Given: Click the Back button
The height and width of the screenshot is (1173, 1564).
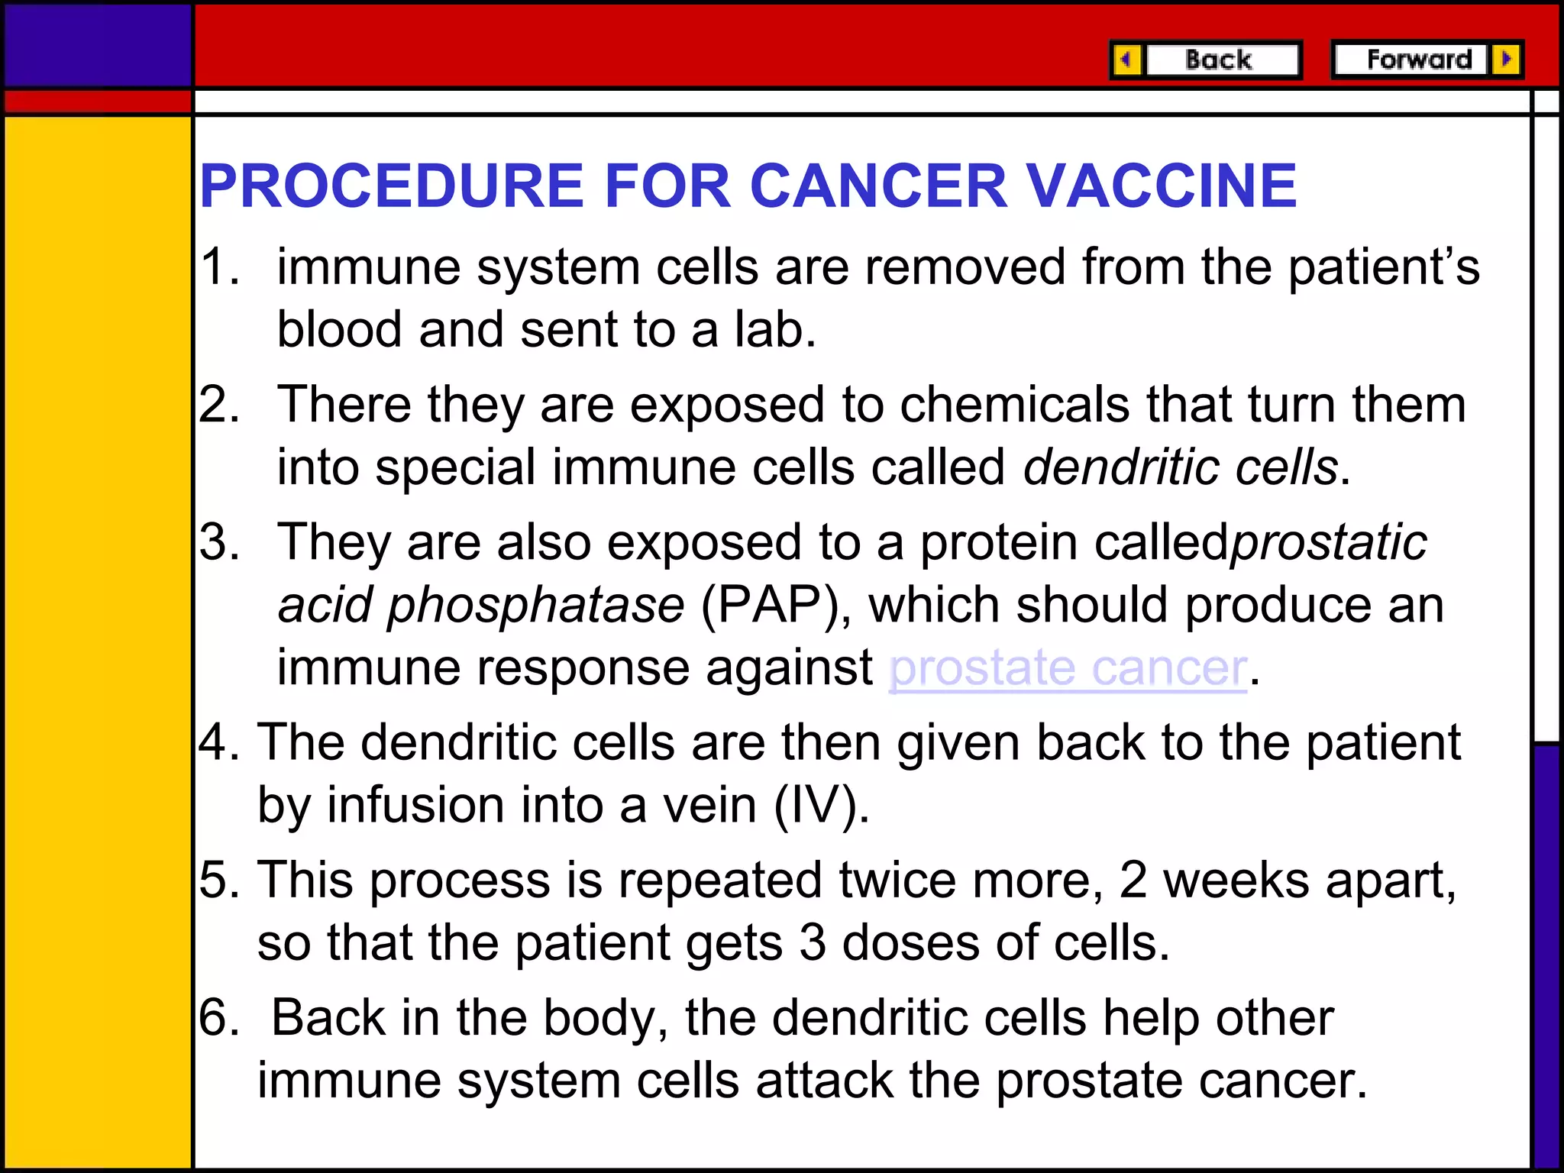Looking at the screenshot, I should point(1219,60).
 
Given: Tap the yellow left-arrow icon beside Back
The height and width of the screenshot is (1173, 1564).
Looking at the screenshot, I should point(1126,60).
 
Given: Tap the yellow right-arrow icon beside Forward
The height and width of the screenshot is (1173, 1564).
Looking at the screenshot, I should point(1506,60).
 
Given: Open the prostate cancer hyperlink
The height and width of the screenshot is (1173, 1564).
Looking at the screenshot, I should point(1068,668).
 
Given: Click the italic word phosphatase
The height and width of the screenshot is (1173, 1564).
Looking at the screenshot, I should point(535,606).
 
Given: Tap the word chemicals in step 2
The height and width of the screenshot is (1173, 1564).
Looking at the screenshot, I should point(1014,405).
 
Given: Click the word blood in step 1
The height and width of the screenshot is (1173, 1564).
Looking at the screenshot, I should point(339,330).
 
